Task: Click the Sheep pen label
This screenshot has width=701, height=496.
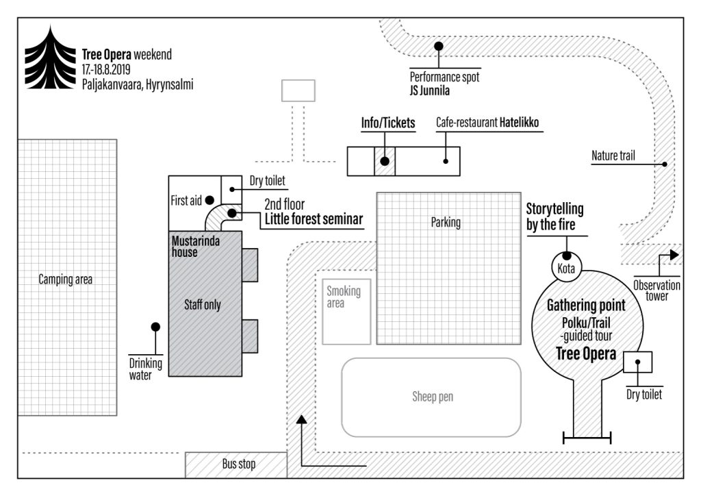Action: (x=432, y=397)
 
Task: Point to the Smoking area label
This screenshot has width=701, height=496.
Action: (x=343, y=297)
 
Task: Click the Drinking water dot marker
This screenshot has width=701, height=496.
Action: (x=156, y=327)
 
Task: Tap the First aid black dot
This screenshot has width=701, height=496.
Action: (x=209, y=200)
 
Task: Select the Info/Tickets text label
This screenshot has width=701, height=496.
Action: (x=388, y=123)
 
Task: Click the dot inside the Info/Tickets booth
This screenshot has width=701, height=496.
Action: (x=385, y=162)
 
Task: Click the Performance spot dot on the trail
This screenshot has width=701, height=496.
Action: (x=439, y=46)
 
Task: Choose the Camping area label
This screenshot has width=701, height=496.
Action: (x=65, y=279)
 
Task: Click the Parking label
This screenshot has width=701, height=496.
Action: (x=445, y=222)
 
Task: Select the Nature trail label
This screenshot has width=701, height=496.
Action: (x=613, y=156)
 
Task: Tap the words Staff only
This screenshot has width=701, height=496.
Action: (x=203, y=305)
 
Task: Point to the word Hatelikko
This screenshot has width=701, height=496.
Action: (x=519, y=123)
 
